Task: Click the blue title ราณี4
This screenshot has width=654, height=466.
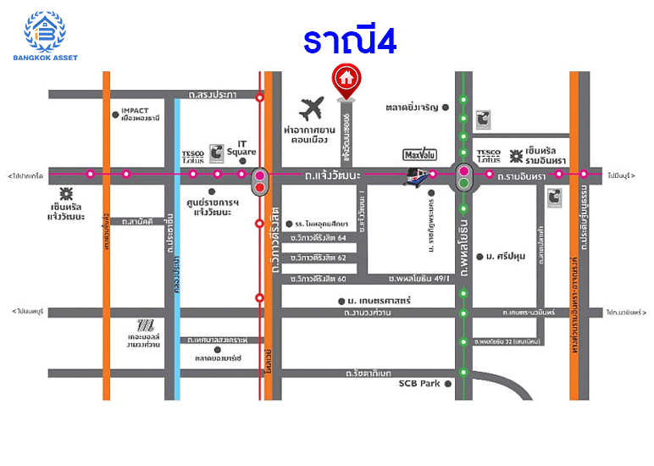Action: (350, 42)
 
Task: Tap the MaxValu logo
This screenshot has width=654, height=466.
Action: (418, 155)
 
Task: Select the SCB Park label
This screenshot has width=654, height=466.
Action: (420, 384)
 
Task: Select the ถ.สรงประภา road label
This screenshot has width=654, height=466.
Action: (213, 94)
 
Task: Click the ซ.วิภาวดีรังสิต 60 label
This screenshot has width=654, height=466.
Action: (319, 279)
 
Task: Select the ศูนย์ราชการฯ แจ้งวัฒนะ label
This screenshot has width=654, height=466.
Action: (213, 208)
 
